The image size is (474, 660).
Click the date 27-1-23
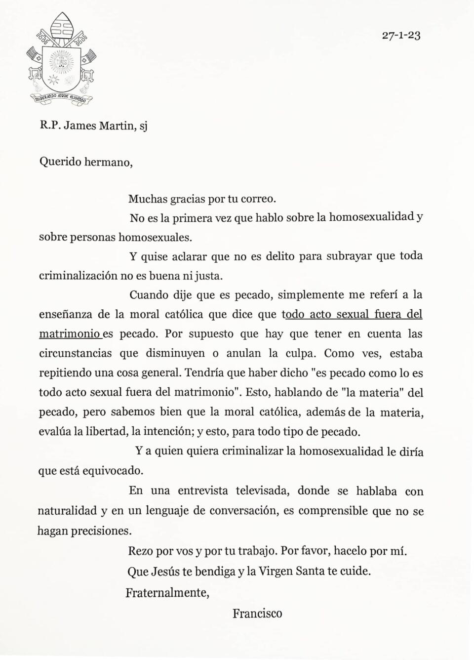[x=401, y=36]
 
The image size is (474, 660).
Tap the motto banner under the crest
[x=61, y=98]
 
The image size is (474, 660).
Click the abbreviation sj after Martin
[x=143, y=126]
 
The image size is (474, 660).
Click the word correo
[x=258, y=199]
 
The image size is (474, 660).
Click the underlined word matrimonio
[x=70, y=334]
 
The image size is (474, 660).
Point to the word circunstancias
[x=72, y=354]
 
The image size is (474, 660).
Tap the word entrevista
[x=203, y=491]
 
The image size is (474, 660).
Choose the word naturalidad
[x=67, y=511]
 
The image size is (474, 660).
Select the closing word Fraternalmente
[x=167, y=592]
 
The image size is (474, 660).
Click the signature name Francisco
[x=257, y=614]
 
